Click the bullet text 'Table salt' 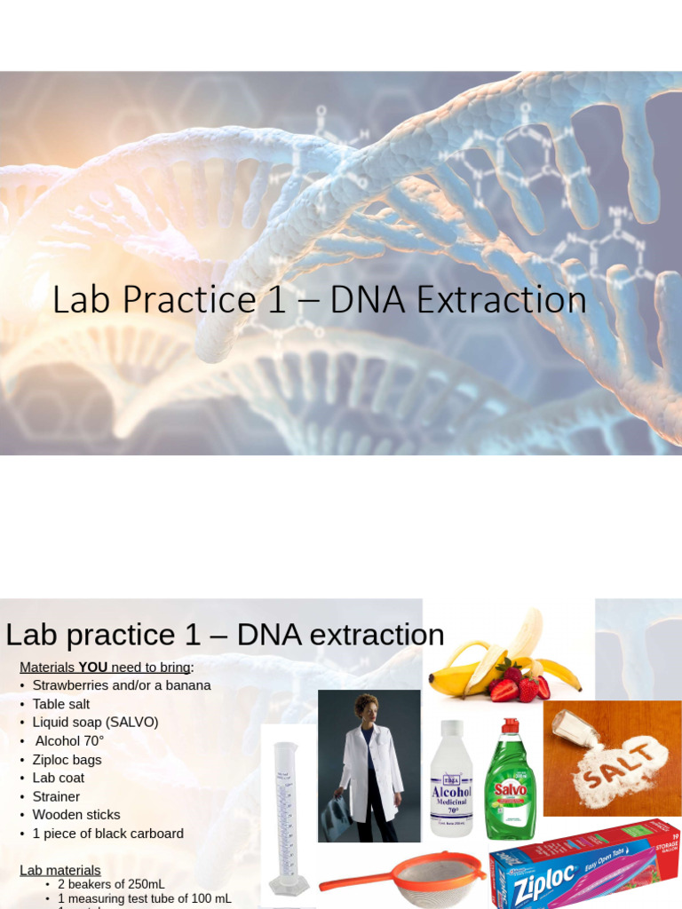(61, 704)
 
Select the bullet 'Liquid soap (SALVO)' (96, 723)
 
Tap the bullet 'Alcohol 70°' (70, 741)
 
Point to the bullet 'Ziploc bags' (67, 760)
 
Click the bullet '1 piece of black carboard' (108, 834)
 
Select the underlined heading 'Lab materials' (60, 871)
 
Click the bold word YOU (94, 668)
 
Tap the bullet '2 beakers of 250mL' (111, 884)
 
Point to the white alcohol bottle (451, 781)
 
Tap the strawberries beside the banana (519, 682)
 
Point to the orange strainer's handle (355, 881)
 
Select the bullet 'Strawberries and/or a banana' (122, 685)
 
